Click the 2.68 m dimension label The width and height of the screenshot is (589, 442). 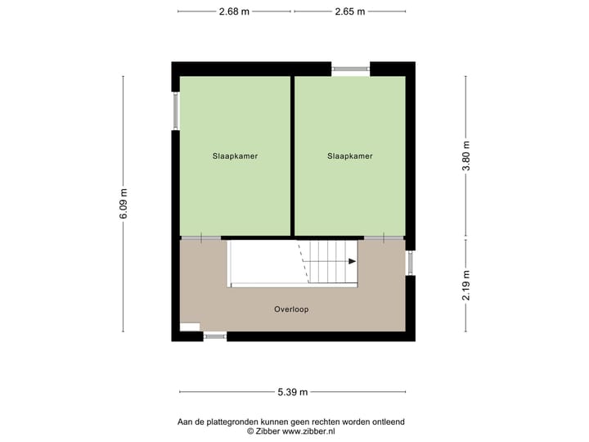tap(234, 11)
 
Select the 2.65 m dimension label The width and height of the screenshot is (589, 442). tap(349, 11)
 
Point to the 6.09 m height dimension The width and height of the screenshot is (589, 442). tap(124, 204)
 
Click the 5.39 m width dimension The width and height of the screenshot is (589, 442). tap(292, 392)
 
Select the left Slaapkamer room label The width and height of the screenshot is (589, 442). tap(235, 156)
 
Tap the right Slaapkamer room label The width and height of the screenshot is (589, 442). tap(350, 156)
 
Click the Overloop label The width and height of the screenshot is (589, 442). tap(291, 309)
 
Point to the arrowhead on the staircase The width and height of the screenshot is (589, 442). tap(352, 261)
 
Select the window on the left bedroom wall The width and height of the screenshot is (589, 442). tap(175, 110)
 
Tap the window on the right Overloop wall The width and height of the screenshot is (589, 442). tap(410, 262)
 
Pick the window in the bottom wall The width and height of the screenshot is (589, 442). tap(214, 336)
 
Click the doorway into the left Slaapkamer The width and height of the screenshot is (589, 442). tap(200, 237)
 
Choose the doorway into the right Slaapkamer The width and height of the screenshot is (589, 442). tap(383, 237)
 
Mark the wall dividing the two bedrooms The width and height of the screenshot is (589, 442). tap(292, 156)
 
